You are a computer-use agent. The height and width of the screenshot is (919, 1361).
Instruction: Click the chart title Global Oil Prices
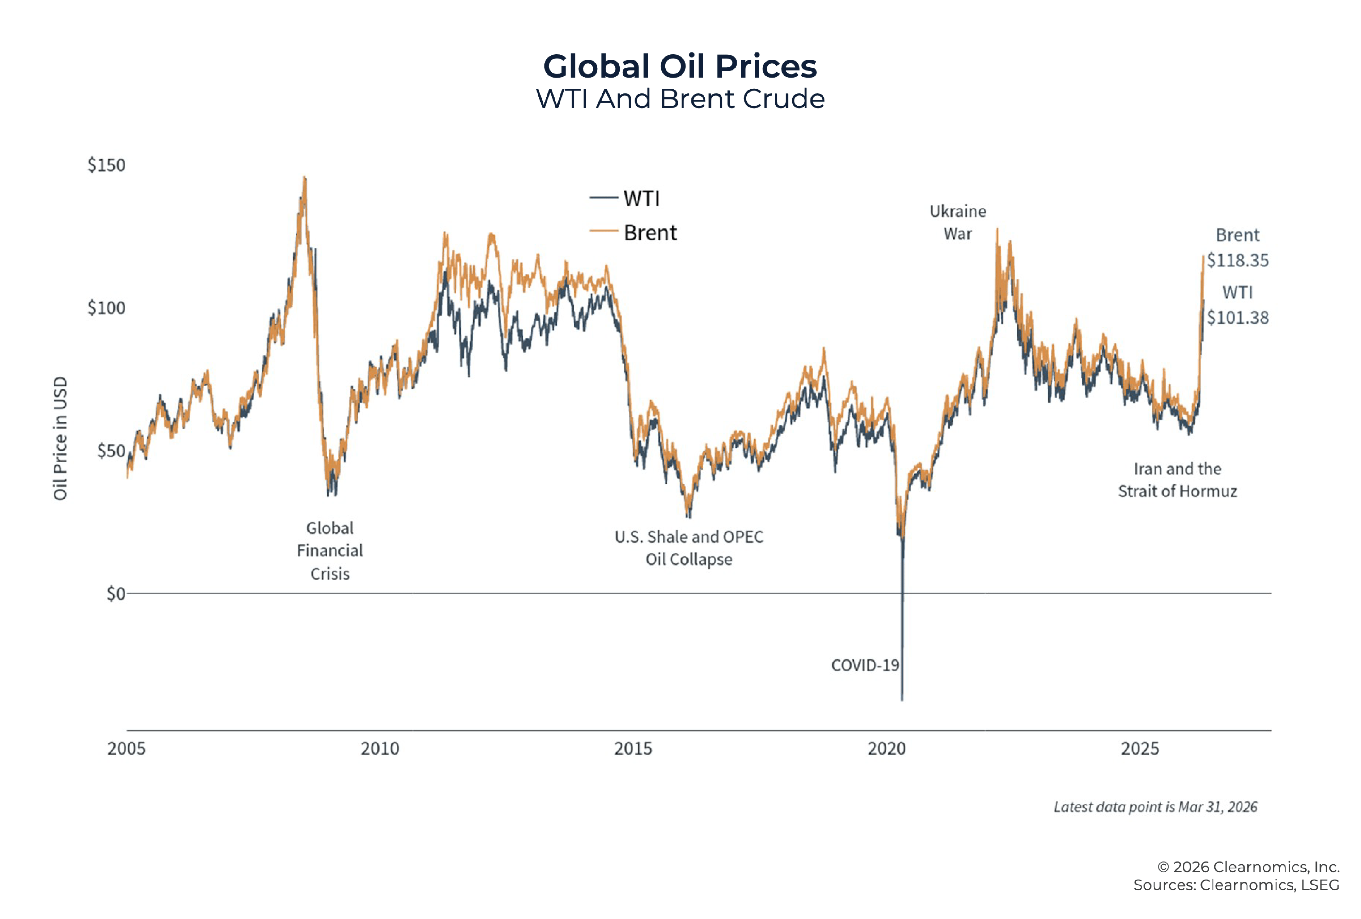[x=679, y=66]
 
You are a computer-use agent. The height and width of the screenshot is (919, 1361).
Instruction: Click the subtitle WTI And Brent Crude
[x=680, y=98]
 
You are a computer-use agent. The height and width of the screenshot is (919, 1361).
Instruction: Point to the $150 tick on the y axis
[x=106, y=165]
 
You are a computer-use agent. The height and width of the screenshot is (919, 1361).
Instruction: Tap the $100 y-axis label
[x=106, y=308]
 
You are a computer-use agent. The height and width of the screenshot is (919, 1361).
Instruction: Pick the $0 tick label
[x=115, y=594]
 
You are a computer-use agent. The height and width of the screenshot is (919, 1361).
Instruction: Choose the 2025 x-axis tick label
[x=1139, y=748]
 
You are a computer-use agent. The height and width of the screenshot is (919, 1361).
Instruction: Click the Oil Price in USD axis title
[x=60, y=438]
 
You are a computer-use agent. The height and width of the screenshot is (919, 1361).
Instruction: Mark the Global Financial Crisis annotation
[x=330, y=551]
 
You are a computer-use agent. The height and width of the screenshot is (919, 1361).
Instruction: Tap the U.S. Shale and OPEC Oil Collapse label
[x=689, y=548]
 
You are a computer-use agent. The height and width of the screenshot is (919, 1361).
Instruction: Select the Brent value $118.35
[x=1237, y=260]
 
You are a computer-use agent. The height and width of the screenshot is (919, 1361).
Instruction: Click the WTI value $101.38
[x=1237, y=318]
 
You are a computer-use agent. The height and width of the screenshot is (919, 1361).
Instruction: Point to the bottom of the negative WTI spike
[x=902, y=699]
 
